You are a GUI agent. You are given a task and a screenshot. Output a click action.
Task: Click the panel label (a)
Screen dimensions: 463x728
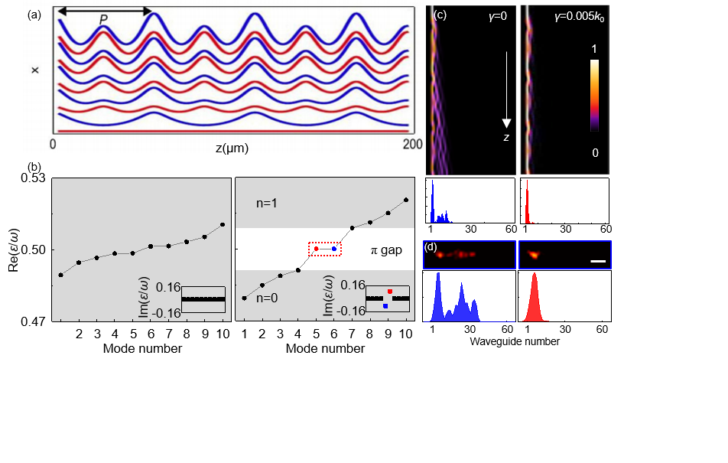(34, 15)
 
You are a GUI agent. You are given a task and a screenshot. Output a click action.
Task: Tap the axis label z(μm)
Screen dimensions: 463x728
(231, 146)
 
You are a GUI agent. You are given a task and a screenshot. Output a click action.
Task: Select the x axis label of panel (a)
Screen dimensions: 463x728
(35, 70)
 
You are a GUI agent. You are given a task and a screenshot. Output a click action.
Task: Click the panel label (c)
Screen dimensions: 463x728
(440, 14)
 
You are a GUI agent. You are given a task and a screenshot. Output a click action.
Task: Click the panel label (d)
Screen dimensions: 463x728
(431, 247)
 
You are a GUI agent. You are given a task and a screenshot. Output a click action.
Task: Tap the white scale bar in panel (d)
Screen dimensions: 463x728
(598, 262)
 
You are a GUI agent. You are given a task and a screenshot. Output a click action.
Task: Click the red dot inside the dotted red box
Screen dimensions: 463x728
(316, 249)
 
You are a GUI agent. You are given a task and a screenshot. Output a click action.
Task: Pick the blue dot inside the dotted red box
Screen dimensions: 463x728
(334, 249)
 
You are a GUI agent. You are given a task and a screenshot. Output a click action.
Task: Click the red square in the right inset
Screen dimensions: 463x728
(390, 292)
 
